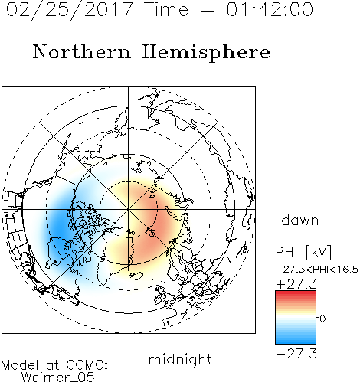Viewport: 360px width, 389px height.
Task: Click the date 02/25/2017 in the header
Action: coord(70,10)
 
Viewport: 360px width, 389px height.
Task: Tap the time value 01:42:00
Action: coord(270,9)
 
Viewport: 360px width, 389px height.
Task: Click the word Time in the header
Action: coord(166,9)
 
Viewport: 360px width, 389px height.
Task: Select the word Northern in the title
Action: coord(82,52)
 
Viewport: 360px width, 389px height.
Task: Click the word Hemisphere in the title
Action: coord(206,53)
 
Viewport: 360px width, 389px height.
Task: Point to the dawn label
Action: coord(300,221)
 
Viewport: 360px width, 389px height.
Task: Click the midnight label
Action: coord(180,359)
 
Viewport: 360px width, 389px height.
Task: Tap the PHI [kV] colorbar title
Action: coord(304,252)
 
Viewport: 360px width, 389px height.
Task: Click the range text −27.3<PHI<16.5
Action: coord(317,270)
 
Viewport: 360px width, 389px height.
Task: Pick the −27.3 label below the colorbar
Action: coord(296,354)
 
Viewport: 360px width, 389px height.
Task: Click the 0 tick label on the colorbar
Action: coord(322,319)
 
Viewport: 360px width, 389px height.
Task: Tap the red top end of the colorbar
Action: coord(296,293)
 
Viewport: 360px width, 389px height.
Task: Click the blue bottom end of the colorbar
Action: coord(296,342)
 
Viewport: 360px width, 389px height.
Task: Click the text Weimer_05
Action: coord(58,378)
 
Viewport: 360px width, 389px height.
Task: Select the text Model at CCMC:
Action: coord(54,365)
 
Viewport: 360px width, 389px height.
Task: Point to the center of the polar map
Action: coord(129,209)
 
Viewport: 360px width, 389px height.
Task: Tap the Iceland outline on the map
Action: coord(136,276)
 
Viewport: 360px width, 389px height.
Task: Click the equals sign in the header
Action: coord(208,10)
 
